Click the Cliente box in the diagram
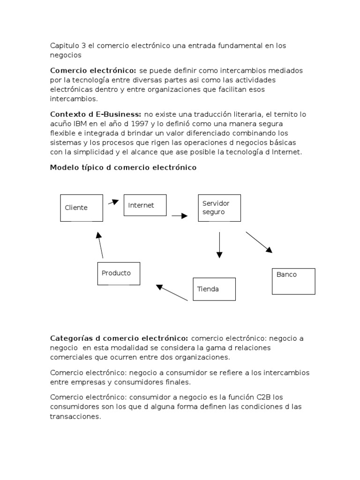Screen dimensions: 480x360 (82, 208)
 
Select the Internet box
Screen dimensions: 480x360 (145, 205)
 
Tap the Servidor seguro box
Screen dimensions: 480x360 (219, 208)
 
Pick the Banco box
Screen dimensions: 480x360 (293, 281)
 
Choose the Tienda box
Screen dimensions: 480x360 (214, 289)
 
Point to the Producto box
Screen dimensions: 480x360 (119, 273)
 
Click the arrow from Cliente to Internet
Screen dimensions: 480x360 (113, 202)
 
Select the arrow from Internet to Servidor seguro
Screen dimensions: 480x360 (180, 216)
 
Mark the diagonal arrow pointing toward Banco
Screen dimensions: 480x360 (259, 242)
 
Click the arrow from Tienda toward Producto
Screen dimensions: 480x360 (172, 292)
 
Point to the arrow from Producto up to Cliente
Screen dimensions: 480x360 (100, 244)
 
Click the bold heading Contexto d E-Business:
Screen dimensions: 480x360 (96, 114)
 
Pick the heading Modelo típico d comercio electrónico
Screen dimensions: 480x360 (123, 167)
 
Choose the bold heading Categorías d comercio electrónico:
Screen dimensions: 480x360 (119, 338)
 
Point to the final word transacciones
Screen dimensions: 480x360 (75, 416)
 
